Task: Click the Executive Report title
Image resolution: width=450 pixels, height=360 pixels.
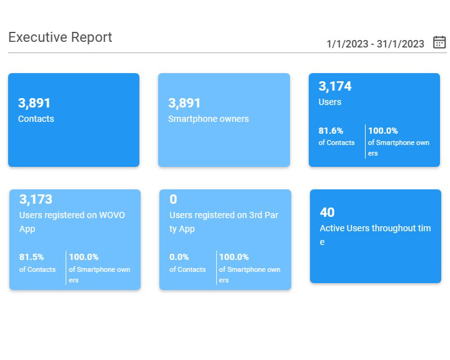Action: [x=60, y=37]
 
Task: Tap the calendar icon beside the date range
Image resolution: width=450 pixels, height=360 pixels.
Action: [x=439, y=42]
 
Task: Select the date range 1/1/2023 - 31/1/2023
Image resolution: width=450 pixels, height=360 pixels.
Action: [x=375, y=44]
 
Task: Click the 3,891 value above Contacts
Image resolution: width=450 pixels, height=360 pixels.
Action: [x=34, y=103]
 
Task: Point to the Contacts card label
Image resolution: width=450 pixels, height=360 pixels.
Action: [x=36, y=119]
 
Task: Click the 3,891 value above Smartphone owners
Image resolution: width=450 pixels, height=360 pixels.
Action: [x=184, y=103]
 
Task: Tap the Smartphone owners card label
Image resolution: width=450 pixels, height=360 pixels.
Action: [x=209, y=119]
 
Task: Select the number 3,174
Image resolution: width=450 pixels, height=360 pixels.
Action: [x=335, y=86]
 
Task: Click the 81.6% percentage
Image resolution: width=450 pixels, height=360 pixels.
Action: [x=331, y=131]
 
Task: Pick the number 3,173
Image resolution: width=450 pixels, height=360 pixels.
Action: [x=36, y=199]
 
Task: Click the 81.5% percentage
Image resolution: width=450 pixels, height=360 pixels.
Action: [x=32, y=257]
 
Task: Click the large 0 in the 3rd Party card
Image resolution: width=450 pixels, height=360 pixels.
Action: [x=173, y=199]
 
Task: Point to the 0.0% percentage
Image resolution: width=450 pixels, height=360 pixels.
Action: [x=180, y=257]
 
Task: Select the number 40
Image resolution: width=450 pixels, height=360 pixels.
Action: [x=327, y=212]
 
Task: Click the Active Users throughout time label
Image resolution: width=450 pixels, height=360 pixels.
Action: [x=375, y=229]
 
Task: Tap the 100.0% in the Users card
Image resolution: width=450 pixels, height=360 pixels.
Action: [x=383, y=131]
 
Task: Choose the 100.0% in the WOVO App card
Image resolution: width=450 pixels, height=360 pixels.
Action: [x=84, y=257]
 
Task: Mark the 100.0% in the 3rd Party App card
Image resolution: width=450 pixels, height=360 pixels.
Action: [x=234, y=257]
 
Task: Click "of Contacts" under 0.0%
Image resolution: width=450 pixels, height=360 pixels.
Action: [x=187, y=269]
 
